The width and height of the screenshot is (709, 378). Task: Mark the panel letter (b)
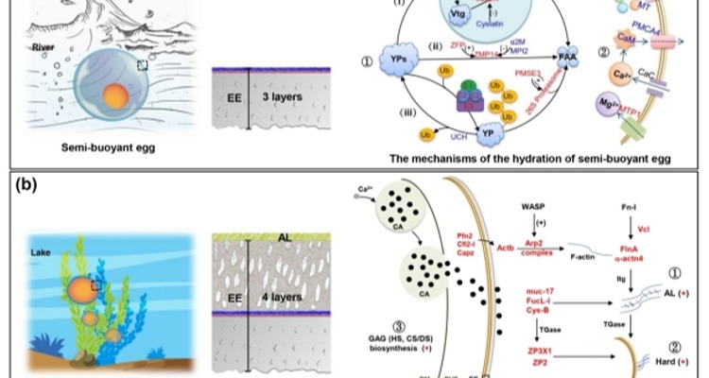tap(26, 185)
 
